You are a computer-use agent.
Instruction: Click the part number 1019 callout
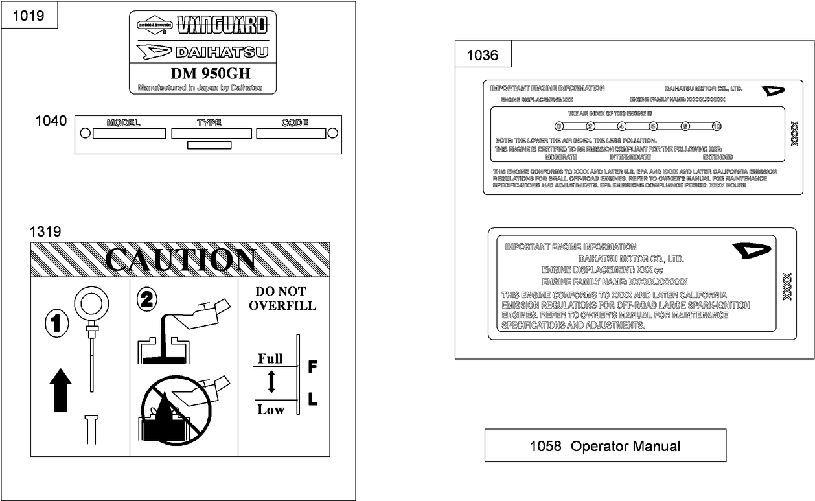pyautogui.click(x=29, y=16)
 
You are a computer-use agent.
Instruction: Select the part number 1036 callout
pyautogui.click(x=483, y=56)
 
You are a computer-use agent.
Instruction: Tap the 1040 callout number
pyautogui.click(x=51, y=121)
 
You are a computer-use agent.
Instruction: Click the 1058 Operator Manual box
pyautogui.click(x=605, y=446)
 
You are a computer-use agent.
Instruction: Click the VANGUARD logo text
pyautogui.click(x=222, y=25)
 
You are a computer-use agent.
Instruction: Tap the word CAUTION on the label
pyautogui.click(x=180, y=260)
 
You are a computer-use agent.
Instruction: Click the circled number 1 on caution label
pyautogui.click(x=57, y=323)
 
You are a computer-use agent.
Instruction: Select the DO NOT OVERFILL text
pyautogui.click(x=282, y=298)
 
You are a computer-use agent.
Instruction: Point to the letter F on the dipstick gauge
pyautogui.click(x=312, y=367)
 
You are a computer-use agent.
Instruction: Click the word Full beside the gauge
pyautogui.click(x=270, y=358)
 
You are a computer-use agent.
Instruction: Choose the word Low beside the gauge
pyautogui.click(x=270, y=409)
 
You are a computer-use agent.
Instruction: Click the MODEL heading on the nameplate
pyautogui.click(x=123, y=123)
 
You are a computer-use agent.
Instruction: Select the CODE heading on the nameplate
pyautogui.click(x=295, y=123)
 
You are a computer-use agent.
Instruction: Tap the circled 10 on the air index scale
pyautogui.click(x=716, y=126)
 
